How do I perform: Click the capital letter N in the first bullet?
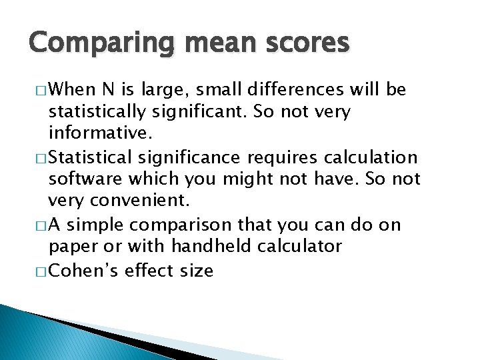109,89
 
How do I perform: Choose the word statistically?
98,111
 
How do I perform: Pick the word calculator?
299,247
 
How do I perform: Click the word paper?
73,247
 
